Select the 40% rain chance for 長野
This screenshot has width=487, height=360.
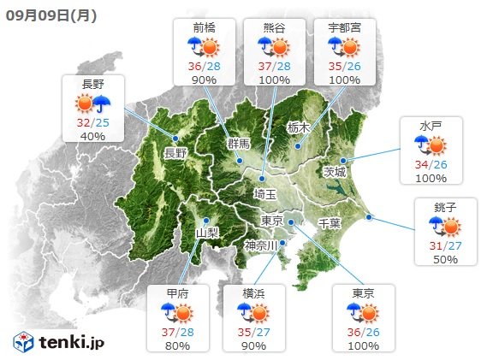pyautogui.click(x=93, y=135)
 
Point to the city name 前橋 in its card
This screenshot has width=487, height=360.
pyautogui.click(x=204, y=27)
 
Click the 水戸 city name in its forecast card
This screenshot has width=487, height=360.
pyautogui.click(x=430, y=126)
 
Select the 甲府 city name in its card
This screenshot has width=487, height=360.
pyautogui.click(x=179, y=293)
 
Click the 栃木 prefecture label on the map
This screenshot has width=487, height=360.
pyautogui.click(x=297, y=128)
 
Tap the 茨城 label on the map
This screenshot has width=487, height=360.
pyautogui.click(x=335, y=171)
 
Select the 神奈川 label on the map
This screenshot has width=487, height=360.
pyautogui.click(x=261, y=245)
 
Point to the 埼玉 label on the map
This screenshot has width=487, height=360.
pyautogui.click(x=264, y=195)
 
